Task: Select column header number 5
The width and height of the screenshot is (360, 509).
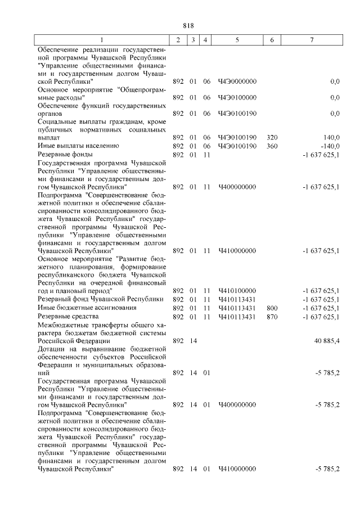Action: click(237, 40)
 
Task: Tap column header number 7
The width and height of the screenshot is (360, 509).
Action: click(312, 40)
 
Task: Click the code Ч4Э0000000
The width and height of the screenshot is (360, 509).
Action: click(237, 82)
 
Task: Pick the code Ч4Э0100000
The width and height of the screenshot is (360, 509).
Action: click(237, 97)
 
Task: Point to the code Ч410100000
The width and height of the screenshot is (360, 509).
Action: click(237, 291)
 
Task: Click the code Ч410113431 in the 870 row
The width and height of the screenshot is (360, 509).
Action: click(237, 317)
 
